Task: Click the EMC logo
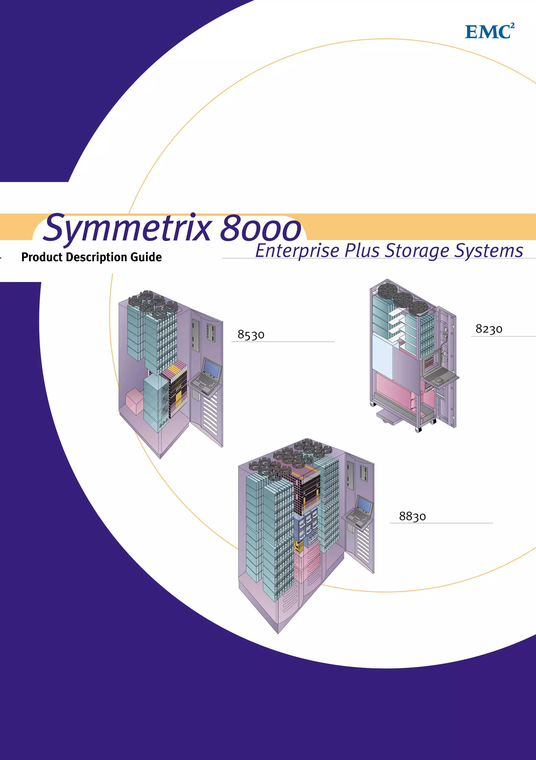489,31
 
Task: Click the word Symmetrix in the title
127,229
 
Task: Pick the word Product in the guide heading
42,257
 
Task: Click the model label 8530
251,335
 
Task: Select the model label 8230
489,329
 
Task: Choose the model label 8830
412,516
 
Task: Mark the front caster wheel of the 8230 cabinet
418,430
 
